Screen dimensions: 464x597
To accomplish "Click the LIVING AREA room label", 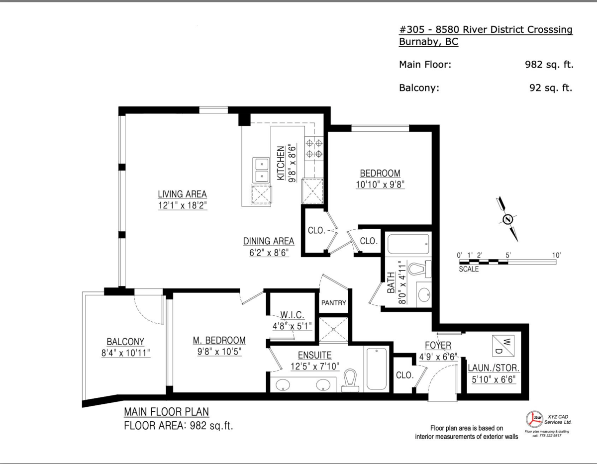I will click(182, 194).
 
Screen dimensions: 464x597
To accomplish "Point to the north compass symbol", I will click(507, 219).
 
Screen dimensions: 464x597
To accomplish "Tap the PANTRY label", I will click(333, 302).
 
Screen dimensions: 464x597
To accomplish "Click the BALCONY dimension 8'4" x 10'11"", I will click(125, 353).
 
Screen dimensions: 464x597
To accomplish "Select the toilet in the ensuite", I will click(351, 380).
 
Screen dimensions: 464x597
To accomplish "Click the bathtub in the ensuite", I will click(377, 369).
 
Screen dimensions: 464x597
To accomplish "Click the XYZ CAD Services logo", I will click(534, 419).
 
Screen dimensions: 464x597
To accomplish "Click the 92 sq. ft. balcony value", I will click(551, 88).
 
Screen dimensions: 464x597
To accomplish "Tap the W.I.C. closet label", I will click(289, 315).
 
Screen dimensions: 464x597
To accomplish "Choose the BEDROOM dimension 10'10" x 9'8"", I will click(380, 184).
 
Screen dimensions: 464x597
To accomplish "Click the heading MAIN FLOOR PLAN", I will click(166, 412).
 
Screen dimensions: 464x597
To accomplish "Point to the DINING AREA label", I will click(269, 241).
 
